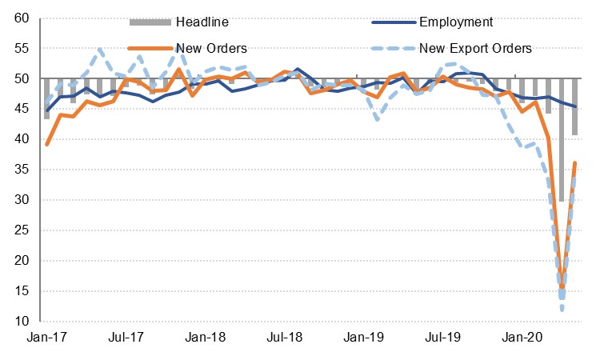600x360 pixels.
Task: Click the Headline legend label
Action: pos(204,22)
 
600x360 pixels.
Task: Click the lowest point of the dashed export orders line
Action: pos(562,309)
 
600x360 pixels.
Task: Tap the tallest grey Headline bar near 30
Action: pos(562,140)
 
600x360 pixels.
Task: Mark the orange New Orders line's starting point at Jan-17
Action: pos(47,145)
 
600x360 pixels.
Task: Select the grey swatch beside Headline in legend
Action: pos(151,22)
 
